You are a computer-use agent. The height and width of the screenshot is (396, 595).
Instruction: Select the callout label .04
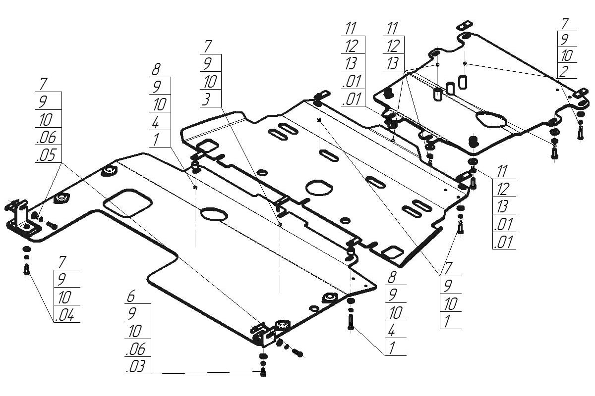tap(65, 315)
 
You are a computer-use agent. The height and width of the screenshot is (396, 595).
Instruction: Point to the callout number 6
tap(131, 297)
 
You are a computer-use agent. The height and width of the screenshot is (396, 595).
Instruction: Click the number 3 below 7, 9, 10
tap(206, 99)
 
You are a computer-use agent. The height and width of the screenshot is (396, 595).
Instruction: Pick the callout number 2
tap(563, 71)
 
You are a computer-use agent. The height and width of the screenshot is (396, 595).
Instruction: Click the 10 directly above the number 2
tap(566, 54)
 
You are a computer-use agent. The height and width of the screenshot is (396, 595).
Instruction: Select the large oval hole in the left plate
tap(214, 213)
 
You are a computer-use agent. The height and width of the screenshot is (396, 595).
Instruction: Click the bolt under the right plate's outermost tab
tap(581, 132)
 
